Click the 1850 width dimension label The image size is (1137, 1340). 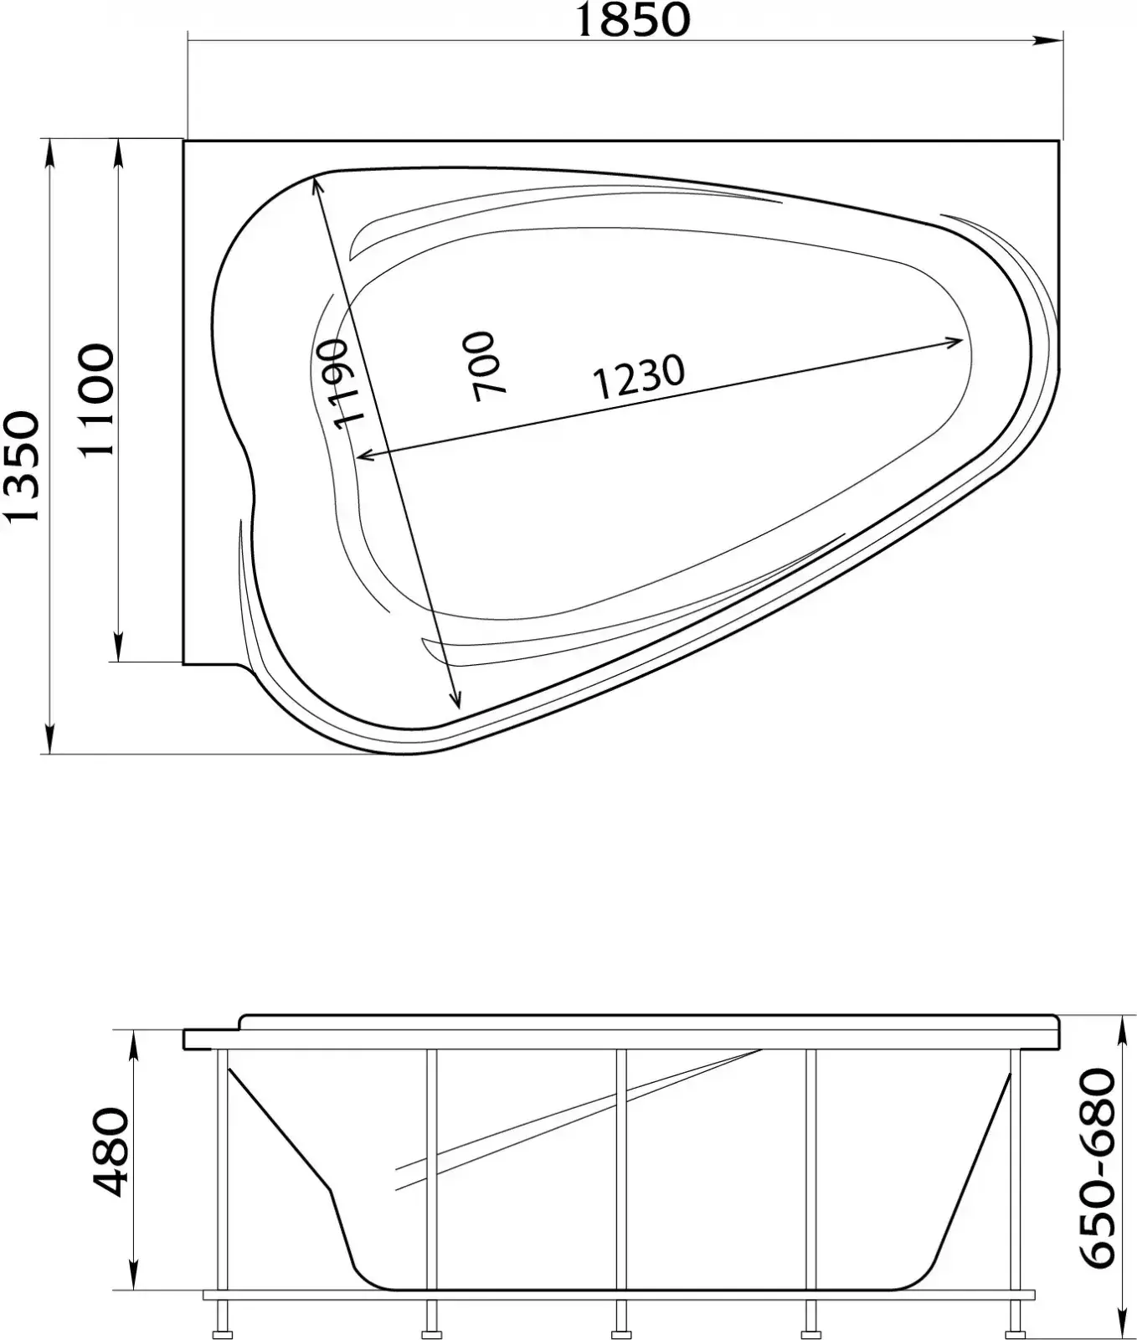coord(633,20)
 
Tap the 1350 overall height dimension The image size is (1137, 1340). coord(22,466)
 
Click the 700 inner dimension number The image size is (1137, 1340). coord(482,366)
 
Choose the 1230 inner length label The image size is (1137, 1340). coord(638,376)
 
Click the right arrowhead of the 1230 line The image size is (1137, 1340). coord(953,341)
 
